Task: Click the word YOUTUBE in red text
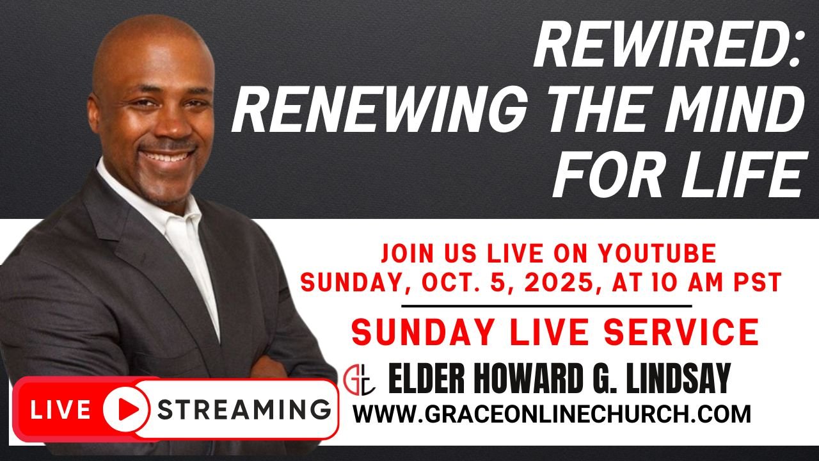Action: [653, 253]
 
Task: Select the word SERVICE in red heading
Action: [681, 332]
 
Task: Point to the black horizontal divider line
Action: [546, 306]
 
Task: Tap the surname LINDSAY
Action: [678, 378]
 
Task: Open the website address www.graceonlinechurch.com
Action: [552, 414]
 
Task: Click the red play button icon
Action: [126, 408]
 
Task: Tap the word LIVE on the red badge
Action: [61, 409]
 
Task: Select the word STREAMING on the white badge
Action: [244, 409]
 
